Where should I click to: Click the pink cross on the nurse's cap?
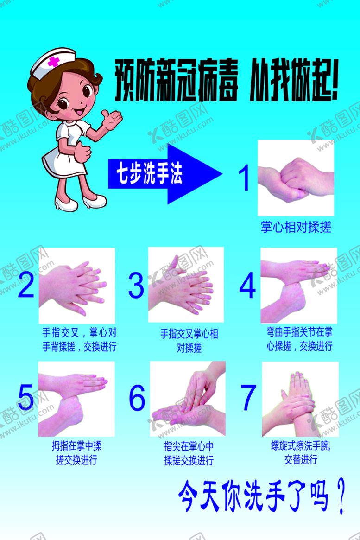[x=53, y=62]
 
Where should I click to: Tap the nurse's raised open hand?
[x=112, y=119]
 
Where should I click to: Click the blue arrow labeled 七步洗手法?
[x=165, y=174]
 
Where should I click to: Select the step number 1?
[x=244, y=178]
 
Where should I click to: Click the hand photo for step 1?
[x=296, y=178]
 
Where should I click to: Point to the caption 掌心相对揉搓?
[x=296, y=227]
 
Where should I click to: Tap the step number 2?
[x=26, y=284]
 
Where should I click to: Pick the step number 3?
[x=136, y=285]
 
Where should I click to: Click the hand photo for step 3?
[x=186, y=285]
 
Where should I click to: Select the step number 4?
[x=247, y=285]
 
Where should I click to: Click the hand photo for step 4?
[x=299, y=285]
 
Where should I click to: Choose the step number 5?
[x=26, y=397]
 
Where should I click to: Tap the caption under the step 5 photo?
[x=77, y=453]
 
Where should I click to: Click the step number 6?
[x=137, y=397]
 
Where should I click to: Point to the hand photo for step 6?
[x=188, y=399]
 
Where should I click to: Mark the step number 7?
[x=248, y=397]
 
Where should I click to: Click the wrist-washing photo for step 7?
[x=300, y=399]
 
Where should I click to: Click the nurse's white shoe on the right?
[x=95, y=201]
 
